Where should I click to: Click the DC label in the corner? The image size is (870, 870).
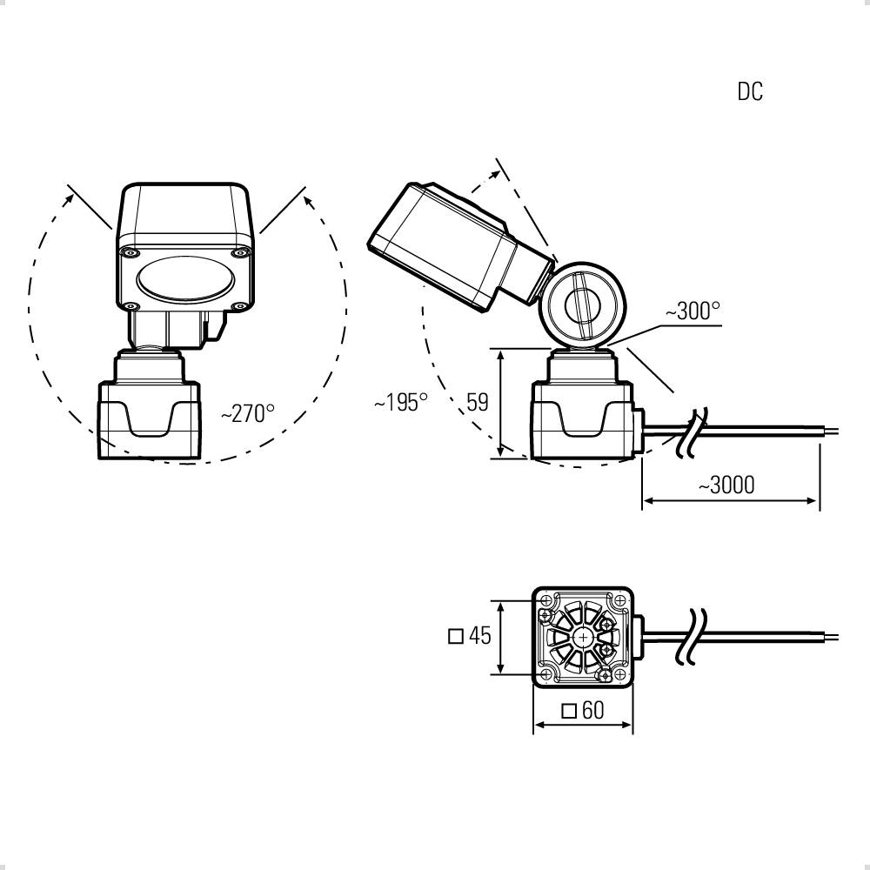[750, 91]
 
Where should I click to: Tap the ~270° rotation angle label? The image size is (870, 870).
[247, 413]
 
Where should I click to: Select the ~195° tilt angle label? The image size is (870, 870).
[401, 402]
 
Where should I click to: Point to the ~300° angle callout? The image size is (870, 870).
[693, 311]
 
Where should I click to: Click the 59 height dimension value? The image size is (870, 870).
[477, 402]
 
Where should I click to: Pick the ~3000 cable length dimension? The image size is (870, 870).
[726, 485]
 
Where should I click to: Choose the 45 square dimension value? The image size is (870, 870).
[480, 635]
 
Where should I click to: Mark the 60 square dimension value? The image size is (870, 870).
[592, 710]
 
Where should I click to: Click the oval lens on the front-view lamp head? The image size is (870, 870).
[186, 279]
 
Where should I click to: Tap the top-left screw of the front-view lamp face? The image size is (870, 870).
[130, 253]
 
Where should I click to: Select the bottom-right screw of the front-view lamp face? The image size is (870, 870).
[240, 305]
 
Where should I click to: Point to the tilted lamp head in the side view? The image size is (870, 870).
[460, 247]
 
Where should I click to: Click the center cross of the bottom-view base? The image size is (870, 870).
[583, 638]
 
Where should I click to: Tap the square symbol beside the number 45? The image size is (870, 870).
[456, 636]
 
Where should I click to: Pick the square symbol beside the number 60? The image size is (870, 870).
[569, 711]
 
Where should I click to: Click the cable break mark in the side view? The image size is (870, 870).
[693, 432]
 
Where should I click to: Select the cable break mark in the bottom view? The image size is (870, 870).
[691, 637]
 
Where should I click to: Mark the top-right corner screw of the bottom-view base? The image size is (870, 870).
[620, 600]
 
